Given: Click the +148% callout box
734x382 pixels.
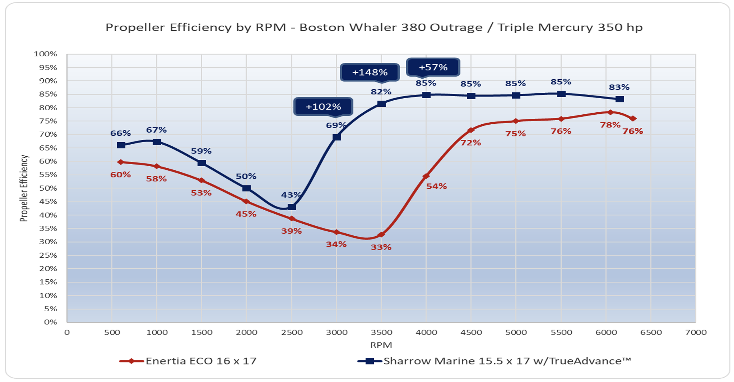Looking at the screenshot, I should [x=370, y=72].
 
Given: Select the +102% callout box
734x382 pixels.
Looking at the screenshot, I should [x=323, y=107].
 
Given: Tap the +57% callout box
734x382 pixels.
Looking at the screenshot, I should [x=433, y=67].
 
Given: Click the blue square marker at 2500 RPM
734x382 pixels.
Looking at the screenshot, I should [x=292, y=207].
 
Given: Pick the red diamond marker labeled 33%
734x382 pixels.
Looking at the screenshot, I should [x=381, y=235].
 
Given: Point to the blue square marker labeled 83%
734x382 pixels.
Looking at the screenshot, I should [x=619, y=99].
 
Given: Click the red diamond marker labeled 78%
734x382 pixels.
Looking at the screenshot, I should [x=610, y=112].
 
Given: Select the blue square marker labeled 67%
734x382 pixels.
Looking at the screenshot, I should [x=157, y=142].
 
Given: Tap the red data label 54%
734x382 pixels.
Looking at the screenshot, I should [x=436, y=186].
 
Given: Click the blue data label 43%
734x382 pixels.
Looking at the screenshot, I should [x=291, y=195].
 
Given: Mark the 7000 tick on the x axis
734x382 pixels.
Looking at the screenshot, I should [x=696, y=332].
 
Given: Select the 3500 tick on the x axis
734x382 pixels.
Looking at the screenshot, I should [x=381, y=332].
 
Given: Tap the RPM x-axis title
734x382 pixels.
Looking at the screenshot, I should [x=381, y=345].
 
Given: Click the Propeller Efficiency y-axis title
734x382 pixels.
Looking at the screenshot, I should [x=24, y=188].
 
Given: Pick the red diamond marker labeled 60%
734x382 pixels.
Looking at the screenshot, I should [x=121, y=162].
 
